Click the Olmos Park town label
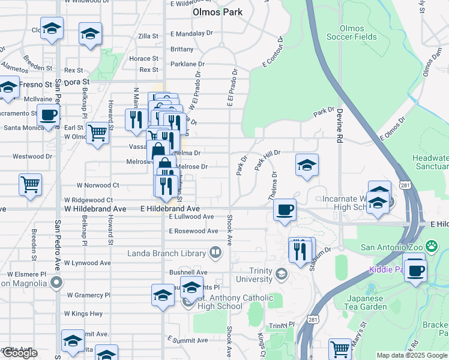click(x=217, y=12)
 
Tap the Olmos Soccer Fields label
click(x=352, y=32)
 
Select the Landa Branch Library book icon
click(x=215, y=253)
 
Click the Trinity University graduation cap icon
click(x=280, y=274)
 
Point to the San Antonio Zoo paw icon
click(x=431, y=246)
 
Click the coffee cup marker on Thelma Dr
click(x=285, y=210)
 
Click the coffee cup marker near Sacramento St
click(x=48, y=114)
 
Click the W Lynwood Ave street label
click(x=88, y=263)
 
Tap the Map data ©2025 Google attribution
click(x=412, y=355)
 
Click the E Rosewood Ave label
click(x=193, y=231)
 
